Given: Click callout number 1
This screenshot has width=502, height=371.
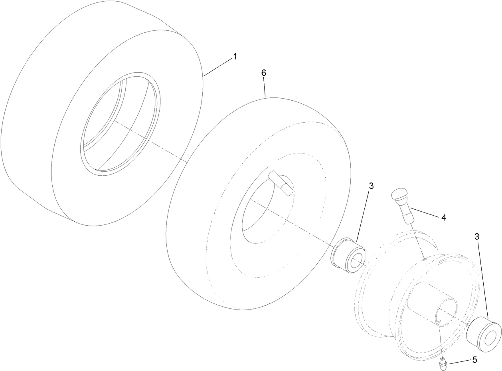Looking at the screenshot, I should coord(235,57).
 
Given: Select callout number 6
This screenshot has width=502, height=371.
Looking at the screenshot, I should coord(263,73).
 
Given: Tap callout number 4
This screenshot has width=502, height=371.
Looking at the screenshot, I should coord(443,218).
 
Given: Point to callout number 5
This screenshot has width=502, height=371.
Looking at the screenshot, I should coord(474,360).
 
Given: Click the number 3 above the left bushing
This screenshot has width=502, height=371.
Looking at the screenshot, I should coord(371,186).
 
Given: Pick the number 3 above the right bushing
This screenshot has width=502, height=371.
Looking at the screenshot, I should coord(477,236).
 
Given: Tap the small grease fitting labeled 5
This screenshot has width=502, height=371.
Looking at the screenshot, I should coord(443,362).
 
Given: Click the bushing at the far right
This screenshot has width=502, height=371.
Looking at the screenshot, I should coord(484,334).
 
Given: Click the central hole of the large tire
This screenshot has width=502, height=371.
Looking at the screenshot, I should coord(120,124).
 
